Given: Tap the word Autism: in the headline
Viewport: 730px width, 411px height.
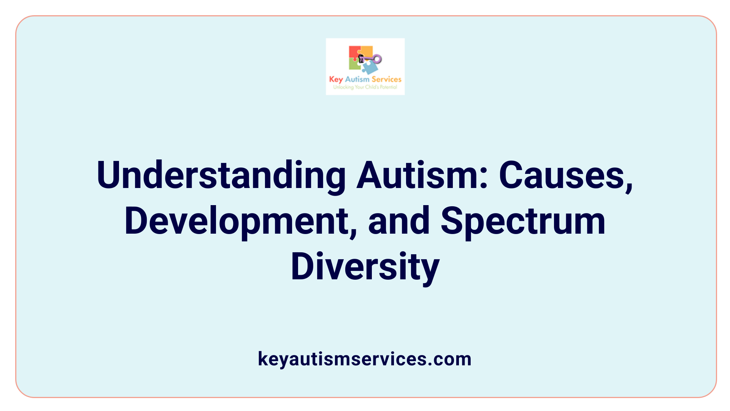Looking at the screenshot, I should (x=422, y=175).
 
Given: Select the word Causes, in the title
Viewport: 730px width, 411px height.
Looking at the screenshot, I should (x=566, y=175).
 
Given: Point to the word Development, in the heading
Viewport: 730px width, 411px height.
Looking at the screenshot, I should (x=241, y=221).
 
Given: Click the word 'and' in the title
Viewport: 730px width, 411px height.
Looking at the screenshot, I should (x=399, y=221).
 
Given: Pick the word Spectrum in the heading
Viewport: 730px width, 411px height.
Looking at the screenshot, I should (x=523, y=221).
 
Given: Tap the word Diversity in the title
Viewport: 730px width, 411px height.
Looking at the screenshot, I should (x=365, y=267).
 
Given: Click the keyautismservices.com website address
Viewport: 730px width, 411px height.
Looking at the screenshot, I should (x=365, y=359).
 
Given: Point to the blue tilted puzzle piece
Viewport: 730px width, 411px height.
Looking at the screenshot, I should (x=370, y=68).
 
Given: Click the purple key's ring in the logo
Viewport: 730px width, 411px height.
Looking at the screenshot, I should (x=377, y=59).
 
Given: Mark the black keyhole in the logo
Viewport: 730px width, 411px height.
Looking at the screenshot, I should (x=361, y=59).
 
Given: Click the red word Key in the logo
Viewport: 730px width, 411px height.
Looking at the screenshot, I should (x=336, y=80).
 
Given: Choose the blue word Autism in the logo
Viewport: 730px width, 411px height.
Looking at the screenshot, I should (x=357, y=79).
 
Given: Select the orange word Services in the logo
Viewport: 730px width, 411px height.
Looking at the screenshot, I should (x=386, y=79).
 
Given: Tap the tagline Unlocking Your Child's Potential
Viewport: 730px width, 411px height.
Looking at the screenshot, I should (x=365, y=87).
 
